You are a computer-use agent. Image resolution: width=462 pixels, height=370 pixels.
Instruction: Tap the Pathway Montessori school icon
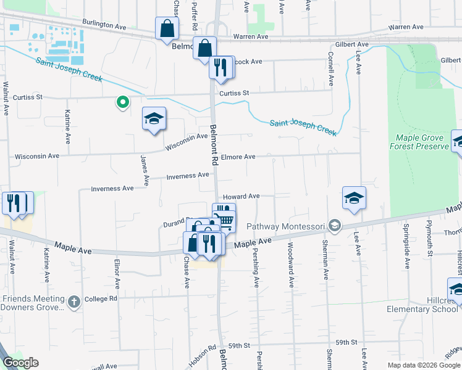pos(335,226)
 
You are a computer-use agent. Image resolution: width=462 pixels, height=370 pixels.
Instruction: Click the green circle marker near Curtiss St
pos(123,102)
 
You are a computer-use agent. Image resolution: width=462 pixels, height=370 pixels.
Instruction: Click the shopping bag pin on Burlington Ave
pos(167,28)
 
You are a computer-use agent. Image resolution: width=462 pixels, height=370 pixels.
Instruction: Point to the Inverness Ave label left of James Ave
pos(112,189)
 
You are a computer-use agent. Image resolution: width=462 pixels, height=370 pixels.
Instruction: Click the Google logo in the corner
pos(20,363)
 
